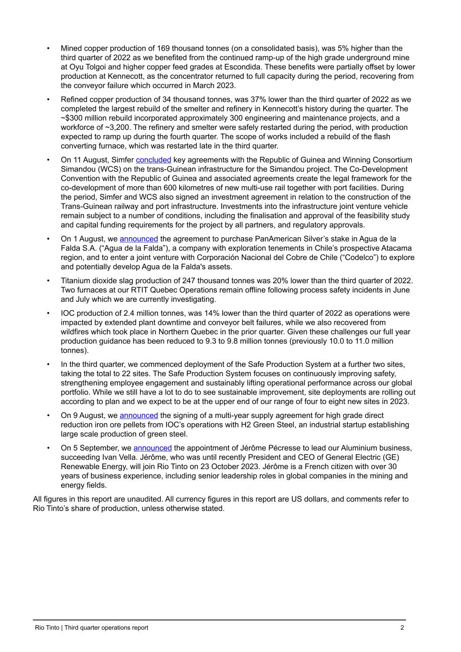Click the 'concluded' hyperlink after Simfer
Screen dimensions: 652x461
(x=153, y=160)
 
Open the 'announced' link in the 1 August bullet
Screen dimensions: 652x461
(x=139, y=239)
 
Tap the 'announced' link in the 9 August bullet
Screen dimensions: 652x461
(x=139, y=416)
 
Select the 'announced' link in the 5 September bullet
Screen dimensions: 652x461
(x=152, y=448)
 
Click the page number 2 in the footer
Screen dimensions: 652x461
(x=402, y=628)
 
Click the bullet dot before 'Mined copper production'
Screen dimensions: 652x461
(x=48, y=49)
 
